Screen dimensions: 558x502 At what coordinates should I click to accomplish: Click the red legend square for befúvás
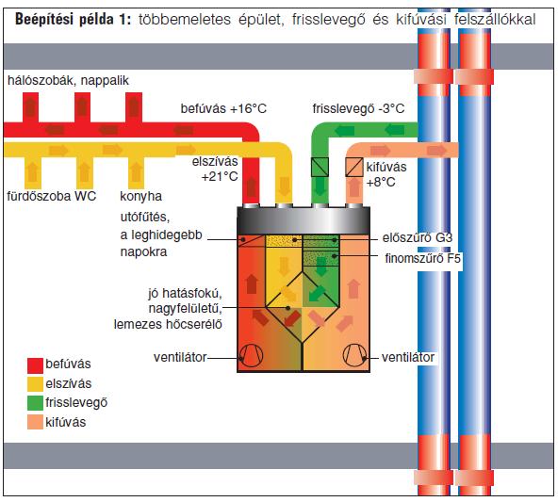pyautogui.click(x=35, y=365)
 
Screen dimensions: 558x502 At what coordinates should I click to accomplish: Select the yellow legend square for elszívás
pyautogui.click(x=35, y=384)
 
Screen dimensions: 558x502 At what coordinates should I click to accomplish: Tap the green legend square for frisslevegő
pyautogui.click(x=35, y=403)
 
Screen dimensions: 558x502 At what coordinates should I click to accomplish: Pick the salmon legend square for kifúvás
pyautogui.click(x=35, y=422)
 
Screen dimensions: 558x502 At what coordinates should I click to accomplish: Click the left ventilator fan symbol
pyautogui.click(x=252, y=355)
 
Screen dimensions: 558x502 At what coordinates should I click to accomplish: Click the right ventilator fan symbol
pyautogui.click(x=354, y=355)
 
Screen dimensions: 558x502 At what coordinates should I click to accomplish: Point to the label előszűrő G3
pyautogui.click(x=417, y=238)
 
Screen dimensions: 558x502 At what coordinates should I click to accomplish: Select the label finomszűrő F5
pyautogui.click(x=423, y=258)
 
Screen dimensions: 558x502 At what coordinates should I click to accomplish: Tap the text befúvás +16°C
pyautogui.click(x=223, y=108)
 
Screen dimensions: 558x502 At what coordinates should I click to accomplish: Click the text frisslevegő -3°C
pyautogui.click(x=358, y=108)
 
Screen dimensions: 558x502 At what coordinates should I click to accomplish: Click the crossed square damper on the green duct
pyautogui.click(x=320, y=167)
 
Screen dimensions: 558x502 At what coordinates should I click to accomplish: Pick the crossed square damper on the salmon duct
pyautogui.click(x=354, y=167)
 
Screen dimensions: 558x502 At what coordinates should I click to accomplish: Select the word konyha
pyautogui.click(x=141, y=196)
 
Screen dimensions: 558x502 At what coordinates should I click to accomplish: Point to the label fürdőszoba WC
pyautogui.click(x=52, y=196)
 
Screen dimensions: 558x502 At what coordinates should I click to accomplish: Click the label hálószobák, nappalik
pyautogui.click(x=68, y=80)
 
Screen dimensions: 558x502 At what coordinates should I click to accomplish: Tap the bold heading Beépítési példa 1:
pyautogui.click(x=74, y=19)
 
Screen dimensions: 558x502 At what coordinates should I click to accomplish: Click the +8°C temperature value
pyautogui.click(x=381, y=183)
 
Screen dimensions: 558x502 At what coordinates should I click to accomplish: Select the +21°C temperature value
pyautogui.click(x=220, y=176)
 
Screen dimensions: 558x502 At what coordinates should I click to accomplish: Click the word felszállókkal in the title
pyautogui.click(x=495, y=19)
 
